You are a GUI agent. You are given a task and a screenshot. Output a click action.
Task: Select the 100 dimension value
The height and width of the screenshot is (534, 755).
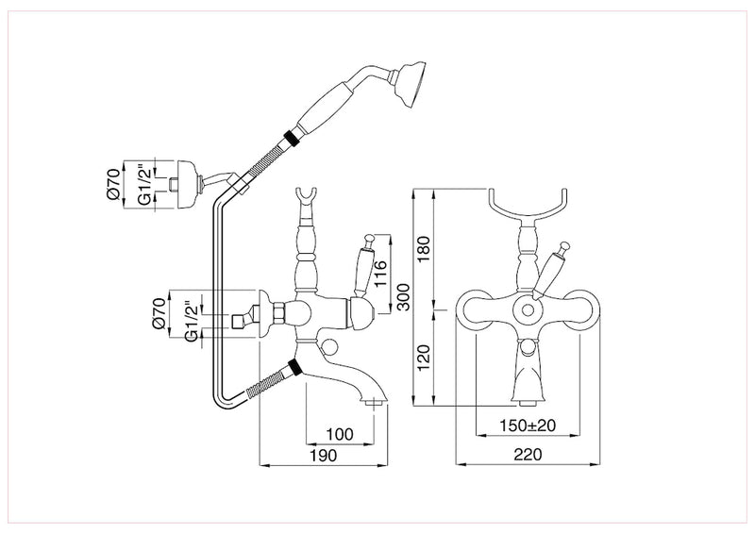point(339,434)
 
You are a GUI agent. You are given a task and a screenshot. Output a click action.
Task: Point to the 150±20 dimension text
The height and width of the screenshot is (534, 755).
point(528,426)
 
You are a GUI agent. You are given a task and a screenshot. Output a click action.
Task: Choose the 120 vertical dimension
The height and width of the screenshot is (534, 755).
point(423,356)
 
